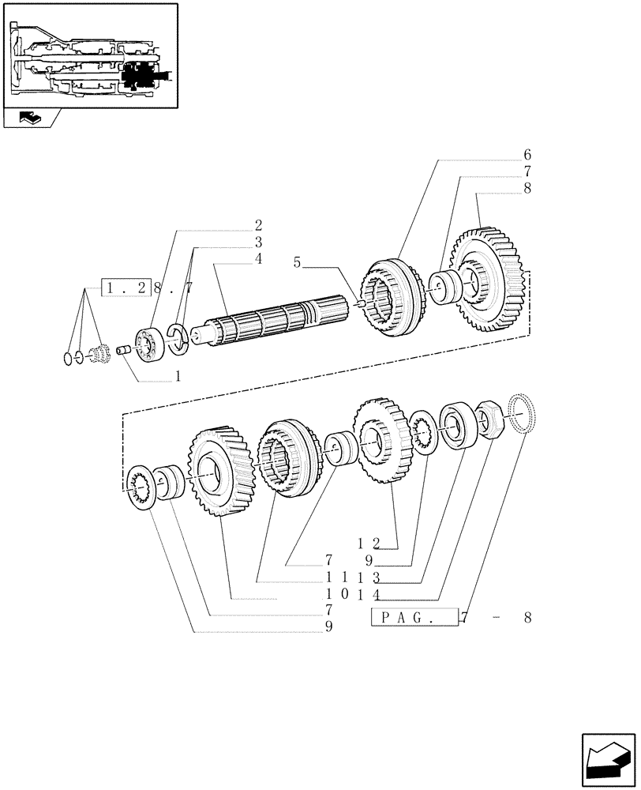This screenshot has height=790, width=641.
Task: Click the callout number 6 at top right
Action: click(527, 154)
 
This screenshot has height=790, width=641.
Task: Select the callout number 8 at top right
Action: click(527, 189)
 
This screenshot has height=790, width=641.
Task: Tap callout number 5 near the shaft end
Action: click(297, 262)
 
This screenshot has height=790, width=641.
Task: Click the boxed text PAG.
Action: click(414, 617)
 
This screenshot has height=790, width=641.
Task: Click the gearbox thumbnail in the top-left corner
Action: click(89, 55)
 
